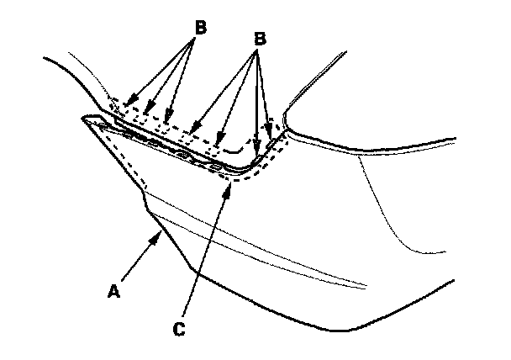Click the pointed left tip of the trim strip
pos(83,119)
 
